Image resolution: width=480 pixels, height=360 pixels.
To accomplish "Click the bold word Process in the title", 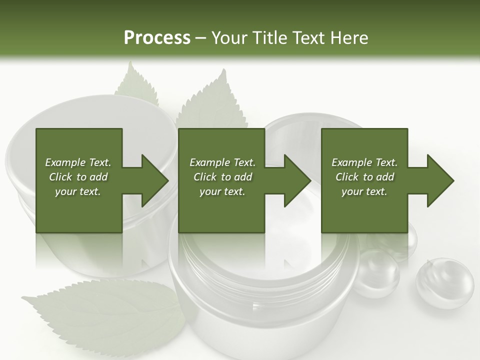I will tap(157, 38).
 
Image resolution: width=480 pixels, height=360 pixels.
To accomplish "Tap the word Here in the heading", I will tap(348, 38).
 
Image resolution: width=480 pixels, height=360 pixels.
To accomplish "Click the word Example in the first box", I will tap(64, 162).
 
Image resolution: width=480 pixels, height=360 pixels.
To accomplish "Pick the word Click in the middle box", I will tap(205, 177).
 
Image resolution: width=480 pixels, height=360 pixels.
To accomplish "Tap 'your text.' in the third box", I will tap(364, 191).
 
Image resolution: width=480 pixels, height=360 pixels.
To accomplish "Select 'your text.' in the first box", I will tap(78, 191).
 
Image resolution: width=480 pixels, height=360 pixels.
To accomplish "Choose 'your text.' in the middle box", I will tap(222, 191).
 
